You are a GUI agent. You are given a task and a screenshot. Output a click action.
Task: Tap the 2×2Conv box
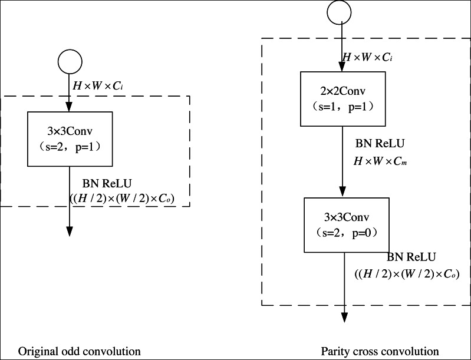point(342,99)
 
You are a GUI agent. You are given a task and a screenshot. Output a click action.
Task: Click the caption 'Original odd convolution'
point(80,351)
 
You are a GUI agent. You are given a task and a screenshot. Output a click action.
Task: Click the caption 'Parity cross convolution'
point(380,351)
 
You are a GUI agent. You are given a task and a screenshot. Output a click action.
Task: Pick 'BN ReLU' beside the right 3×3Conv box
point(411,257)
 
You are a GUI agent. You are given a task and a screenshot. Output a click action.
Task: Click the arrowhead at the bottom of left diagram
point(70,230)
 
